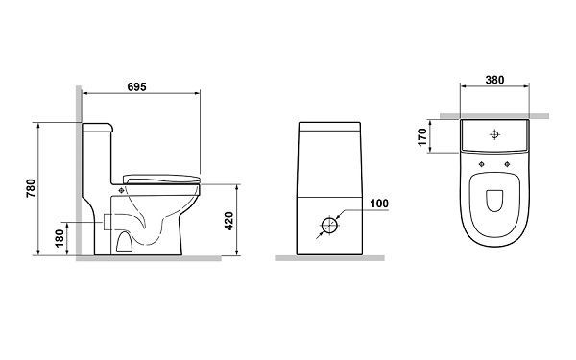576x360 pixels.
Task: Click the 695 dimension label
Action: (136, 87)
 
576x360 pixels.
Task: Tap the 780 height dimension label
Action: (31, 188)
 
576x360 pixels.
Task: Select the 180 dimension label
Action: (60, 238)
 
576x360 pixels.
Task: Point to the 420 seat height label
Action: (228, 221)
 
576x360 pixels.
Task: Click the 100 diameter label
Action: (379, 204)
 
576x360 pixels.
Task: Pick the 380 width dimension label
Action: (494, 80)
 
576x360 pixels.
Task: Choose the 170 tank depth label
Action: (422, 136)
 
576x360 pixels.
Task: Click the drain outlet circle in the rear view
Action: (329, 226)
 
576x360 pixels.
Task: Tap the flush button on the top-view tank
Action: (494, 134)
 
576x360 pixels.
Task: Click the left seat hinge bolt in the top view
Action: (482, 164)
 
